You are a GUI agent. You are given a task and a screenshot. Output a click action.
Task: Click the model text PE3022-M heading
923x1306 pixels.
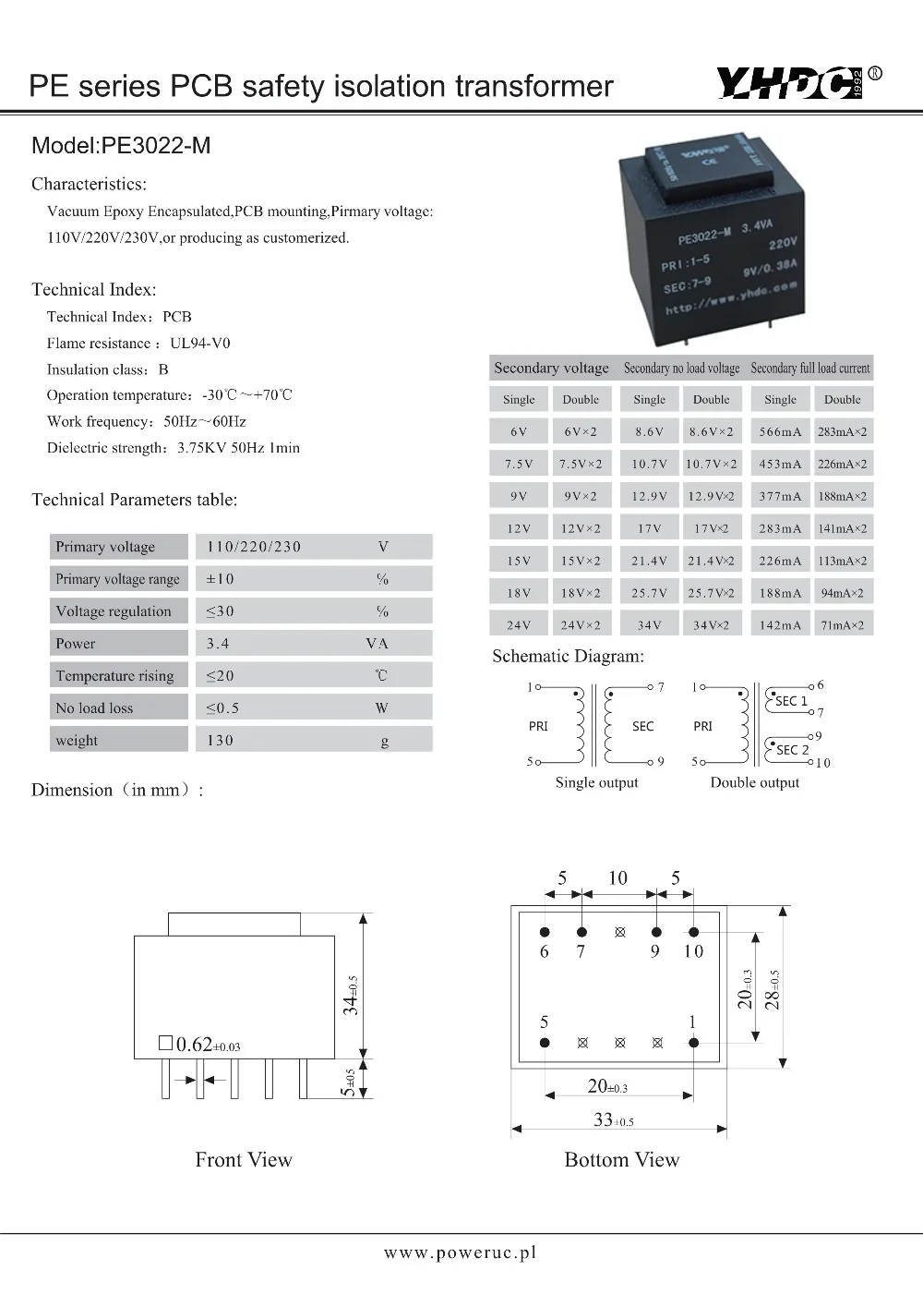(121, 145)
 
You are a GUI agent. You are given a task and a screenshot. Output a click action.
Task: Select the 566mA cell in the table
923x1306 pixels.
(780, 431)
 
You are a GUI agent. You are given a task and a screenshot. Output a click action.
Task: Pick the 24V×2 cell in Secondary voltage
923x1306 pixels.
(581, 625)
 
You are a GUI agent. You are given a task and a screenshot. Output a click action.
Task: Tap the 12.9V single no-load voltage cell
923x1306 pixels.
(649, 496)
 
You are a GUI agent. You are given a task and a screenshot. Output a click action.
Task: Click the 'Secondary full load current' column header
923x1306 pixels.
(809, 368)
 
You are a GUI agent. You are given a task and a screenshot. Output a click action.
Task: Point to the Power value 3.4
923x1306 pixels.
(218, 644)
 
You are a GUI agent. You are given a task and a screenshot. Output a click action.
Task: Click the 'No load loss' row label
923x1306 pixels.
(94, 708)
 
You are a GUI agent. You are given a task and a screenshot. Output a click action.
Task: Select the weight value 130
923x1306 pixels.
(220, 741)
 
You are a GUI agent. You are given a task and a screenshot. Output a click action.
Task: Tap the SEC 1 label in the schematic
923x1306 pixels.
(791, 701)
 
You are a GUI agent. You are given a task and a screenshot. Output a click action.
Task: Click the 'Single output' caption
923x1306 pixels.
(596, 782)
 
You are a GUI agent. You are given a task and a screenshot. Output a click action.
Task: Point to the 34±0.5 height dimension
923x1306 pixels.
(352, 995)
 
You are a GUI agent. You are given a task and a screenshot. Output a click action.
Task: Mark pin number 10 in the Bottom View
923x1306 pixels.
(693, 951)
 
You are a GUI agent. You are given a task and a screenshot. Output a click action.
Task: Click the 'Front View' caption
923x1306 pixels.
(244, 1160)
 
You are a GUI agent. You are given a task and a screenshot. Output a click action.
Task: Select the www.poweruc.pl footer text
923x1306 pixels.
(460, 1252)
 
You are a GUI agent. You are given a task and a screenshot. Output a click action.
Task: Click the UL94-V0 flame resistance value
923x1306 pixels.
(200, 343)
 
